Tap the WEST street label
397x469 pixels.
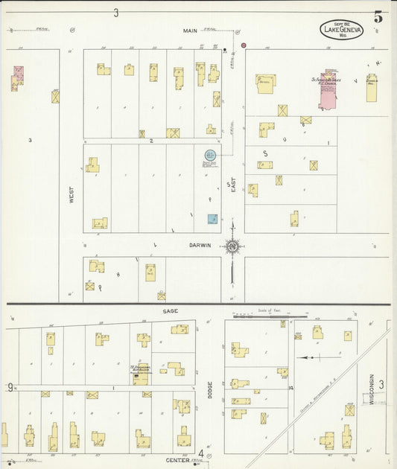click(72, 195)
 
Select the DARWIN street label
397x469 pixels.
click(199, 245)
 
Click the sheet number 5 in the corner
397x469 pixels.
click(379, 16)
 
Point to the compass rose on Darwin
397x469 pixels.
click(233, 246)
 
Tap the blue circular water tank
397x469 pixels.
click(210, 155)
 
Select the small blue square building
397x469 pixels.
click(213, 219)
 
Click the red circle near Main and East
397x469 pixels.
click(244, 45)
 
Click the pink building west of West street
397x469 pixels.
click(17, 75)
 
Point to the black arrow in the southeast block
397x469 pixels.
click(307, 357)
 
